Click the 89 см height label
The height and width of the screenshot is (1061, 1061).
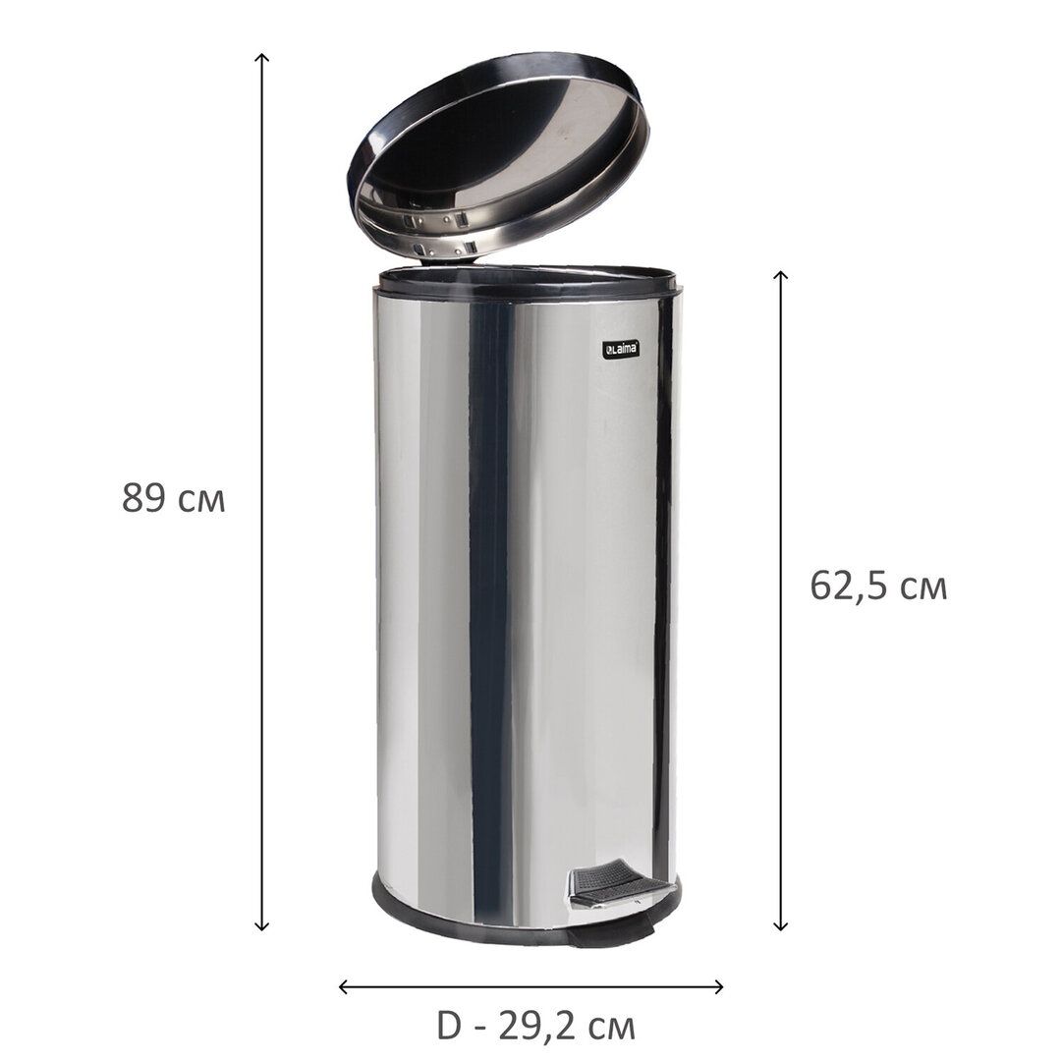point(173,498)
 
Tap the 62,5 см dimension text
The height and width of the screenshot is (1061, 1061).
point(878,586)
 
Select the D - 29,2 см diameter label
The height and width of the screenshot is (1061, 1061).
point(535,1026)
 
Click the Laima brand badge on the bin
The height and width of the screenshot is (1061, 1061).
point(621,349)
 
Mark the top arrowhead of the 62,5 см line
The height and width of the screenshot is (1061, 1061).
point(781,273)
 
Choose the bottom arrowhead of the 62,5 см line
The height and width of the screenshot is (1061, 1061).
point(781,928)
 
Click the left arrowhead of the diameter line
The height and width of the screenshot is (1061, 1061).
point(342,986)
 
